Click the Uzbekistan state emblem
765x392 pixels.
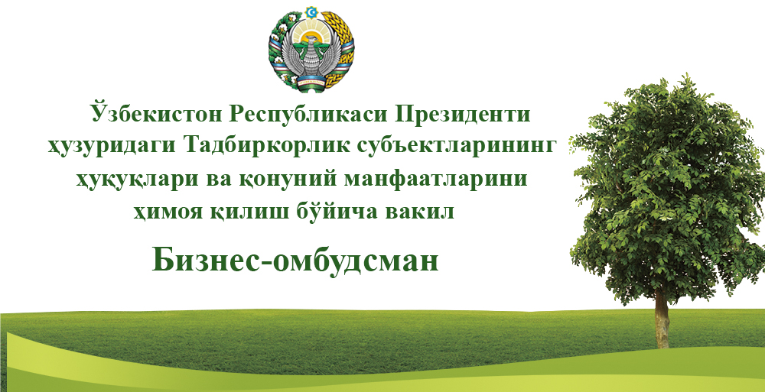click(x=311, y=49)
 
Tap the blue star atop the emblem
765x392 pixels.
click(x=311, y=11)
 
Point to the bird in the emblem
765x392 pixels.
click(x=311, y=58)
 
